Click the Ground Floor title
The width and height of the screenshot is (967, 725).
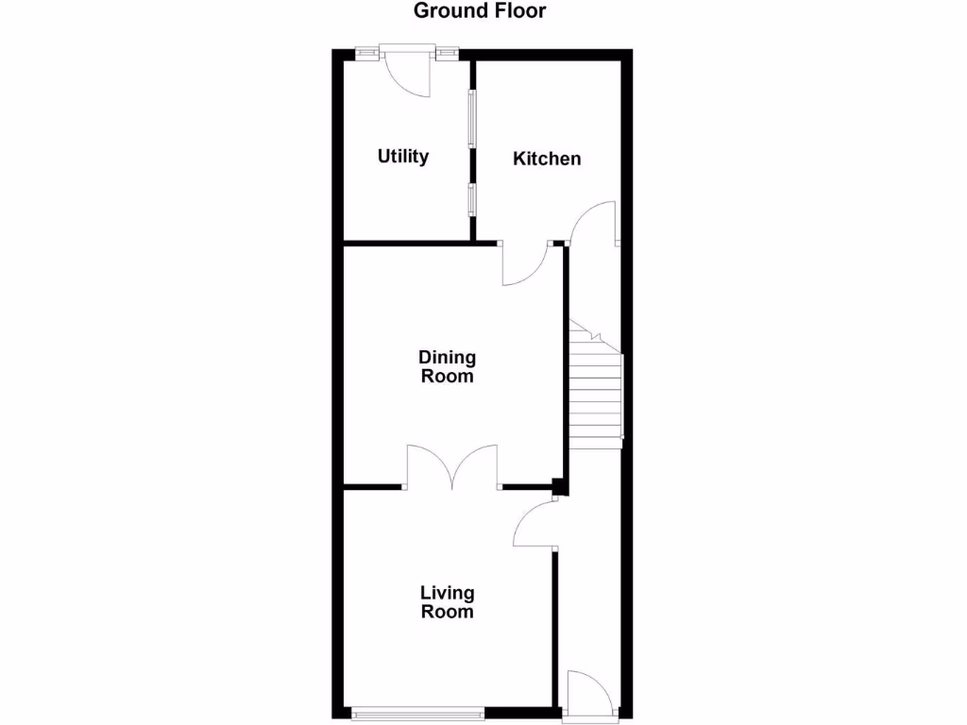click(480, 11)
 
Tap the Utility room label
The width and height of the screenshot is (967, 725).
click(403, 157)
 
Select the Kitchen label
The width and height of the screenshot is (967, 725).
click(547, 159)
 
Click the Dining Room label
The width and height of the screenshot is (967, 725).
click(448, 366)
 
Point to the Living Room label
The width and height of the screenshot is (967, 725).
click(447, 601)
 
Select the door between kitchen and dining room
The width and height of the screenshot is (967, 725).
click(525, 266)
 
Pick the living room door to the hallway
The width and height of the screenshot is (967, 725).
click(534, 525)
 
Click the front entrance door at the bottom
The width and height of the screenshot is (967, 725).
click(591, 694)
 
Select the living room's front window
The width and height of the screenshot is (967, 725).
click(416, 713)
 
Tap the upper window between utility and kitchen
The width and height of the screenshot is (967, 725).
click(472, 119)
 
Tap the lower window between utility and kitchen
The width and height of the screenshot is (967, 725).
click(472, 200)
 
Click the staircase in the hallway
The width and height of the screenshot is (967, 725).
click(596, 396)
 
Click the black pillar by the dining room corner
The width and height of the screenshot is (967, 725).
click(558, 488)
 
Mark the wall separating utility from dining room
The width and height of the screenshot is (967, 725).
click(406, 244)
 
